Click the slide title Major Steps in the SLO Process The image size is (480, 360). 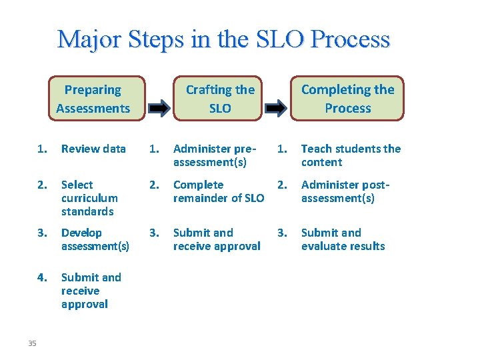(x=223, y=39)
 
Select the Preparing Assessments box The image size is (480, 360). (x=93, y=99)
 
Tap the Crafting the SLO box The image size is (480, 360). (x=219, y=99)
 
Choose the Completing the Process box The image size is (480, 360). (x=347, y=99)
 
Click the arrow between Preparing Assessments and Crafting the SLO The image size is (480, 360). (x=159, y=107)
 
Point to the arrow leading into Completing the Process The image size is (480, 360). (x=275, y=107)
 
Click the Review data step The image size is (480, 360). (x=93, y=149)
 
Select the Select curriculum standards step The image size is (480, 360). (x=89, y=198)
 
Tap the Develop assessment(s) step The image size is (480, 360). (x=95, y=239)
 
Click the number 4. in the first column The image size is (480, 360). (x=43, y=277)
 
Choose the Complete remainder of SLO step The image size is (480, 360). (x=218, y=191)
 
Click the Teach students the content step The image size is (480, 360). (x=351, y=155)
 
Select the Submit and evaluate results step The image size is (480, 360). (x=343, y=239)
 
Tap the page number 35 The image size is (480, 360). (x=32, y=343)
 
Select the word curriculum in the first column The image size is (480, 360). (x=89, y=198)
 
